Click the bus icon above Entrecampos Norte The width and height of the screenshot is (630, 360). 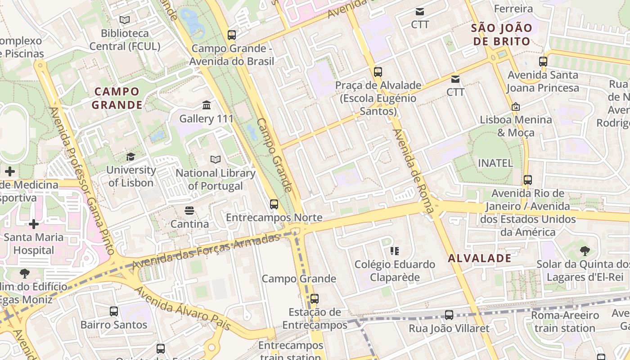(274, 204)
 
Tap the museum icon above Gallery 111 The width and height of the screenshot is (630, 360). (207, 105)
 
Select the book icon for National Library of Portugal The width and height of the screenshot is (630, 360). (216, 159)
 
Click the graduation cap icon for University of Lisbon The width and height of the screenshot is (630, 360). (130, 157)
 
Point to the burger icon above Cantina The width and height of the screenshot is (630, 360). (189, 210)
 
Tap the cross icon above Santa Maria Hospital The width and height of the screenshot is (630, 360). (34, 224)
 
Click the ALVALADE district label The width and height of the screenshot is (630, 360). (480, 258)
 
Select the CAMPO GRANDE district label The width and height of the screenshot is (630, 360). (117, 98)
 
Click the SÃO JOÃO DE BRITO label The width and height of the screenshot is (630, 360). (501, 35)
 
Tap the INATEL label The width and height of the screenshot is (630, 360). (495, 163)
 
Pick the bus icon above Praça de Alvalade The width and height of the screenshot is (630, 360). (378, 72)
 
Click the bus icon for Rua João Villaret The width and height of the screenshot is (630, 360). (449, 315)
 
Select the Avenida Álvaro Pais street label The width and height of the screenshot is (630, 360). (182, 309)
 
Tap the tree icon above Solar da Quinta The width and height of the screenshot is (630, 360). (585, 251)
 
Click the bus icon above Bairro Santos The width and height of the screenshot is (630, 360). (114, 311)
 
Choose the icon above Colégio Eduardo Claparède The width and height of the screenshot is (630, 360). (395, 251)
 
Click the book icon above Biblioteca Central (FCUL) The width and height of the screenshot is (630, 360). (125, 20)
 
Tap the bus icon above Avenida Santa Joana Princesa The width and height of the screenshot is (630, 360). (543, 62)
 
